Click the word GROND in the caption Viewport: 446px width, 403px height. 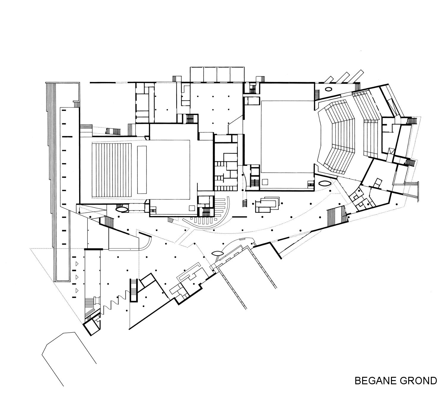(x=418, y=381)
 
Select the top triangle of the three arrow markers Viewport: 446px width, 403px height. (x=77, y=264)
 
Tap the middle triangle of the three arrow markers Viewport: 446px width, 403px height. (x=77, y=277)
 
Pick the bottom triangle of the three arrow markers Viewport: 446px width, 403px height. (x=77, y=291)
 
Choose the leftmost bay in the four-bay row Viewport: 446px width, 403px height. (x=197, y=75)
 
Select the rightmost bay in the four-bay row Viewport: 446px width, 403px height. (x=237, y=75)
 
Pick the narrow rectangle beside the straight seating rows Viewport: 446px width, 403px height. (x=142, y=170)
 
